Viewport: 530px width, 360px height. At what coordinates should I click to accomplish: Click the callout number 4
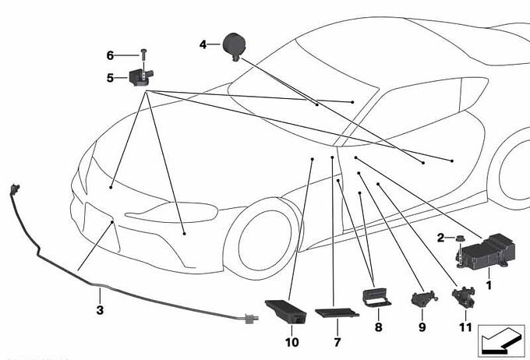pyautogui.click(x=203, y=44)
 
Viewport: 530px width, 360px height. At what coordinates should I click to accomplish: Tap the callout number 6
pyautogui.click(x=110, y=55)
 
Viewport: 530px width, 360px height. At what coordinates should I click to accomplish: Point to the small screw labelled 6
pyautogui.click(x=144, y=55)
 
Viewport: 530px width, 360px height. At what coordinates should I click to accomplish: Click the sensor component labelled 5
pyautogui.click(x=140, y=77)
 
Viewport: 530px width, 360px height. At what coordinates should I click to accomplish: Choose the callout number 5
pyautogui.click(x=110, y=78)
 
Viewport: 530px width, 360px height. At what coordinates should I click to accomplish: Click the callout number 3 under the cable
pyautogui.click(x=100, y=310)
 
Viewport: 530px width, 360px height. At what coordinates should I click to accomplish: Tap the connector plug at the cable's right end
pyautogui.click(x=251, y=319)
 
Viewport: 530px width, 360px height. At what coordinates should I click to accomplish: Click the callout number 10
pyautogui.click(x=292, y=342)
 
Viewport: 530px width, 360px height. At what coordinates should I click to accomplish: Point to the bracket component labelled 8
pyautogui.click(x=376, y=297)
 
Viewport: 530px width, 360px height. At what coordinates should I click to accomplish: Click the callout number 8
pyautogui.click(x=378, y=327)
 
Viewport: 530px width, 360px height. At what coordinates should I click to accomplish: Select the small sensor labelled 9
pyautogui.click(x=424, y=299)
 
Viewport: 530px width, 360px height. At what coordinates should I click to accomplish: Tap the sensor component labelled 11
pyautogui.click(x=464, y=296)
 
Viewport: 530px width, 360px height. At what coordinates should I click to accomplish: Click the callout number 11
pyautogui.click(x=465, y=327)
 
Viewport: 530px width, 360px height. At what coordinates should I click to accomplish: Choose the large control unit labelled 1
pyautogui.click(x=486, y=251)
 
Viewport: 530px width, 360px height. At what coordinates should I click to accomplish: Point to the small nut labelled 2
pyautogui.click(x=459, y=238)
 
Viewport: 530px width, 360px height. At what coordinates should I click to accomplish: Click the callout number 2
pyautogui.click(x=440, y=238)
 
